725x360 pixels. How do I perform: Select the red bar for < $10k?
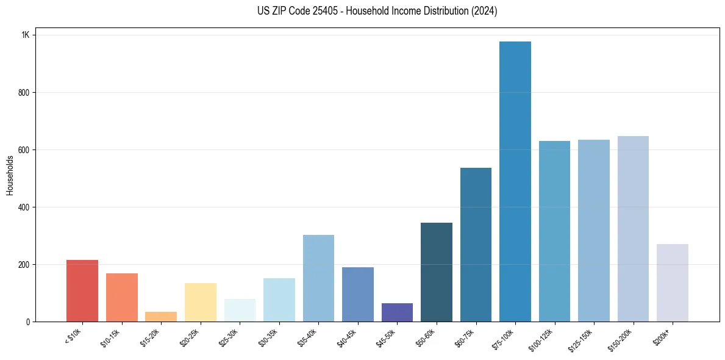[82, 290]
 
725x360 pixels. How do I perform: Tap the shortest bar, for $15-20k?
[161, 317]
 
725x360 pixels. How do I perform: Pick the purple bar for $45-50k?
[397, 312]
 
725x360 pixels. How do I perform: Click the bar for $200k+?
[672, 283]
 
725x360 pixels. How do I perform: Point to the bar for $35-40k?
[318, 278]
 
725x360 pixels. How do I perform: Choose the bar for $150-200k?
[633, 229]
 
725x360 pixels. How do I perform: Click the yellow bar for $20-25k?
[201, 302]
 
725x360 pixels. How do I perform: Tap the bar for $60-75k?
[476, 245]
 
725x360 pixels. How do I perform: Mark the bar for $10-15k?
[122, 297]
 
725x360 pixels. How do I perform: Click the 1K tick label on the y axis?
[26, 35]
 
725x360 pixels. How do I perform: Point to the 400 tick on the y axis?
[24, 207]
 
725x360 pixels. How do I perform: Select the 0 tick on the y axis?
[28, 322]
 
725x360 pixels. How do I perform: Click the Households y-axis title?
[10, 175]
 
